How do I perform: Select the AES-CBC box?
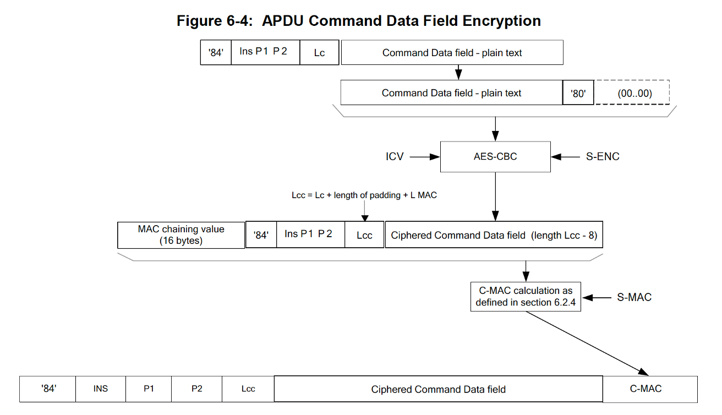pos(495,157)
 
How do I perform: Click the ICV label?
pos(395,157)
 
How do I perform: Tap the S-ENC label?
pos(602,157)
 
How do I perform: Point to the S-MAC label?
pos(634,297)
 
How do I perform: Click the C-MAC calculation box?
pos(526,297)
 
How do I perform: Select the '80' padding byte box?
pos(578,93)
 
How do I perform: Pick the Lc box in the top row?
pos(319,53)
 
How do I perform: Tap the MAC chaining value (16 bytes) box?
pos(181,235)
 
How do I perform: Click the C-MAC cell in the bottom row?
pos(650,389)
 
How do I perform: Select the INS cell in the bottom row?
pos(100,389)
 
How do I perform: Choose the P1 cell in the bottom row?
pos(149,389)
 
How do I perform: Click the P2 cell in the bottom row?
pos(196,389)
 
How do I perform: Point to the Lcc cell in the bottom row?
pos(248,389)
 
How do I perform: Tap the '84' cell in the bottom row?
pos(49,389)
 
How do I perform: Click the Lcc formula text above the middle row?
pos(364,195)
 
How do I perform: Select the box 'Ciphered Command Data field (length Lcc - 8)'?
pos(494,235)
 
